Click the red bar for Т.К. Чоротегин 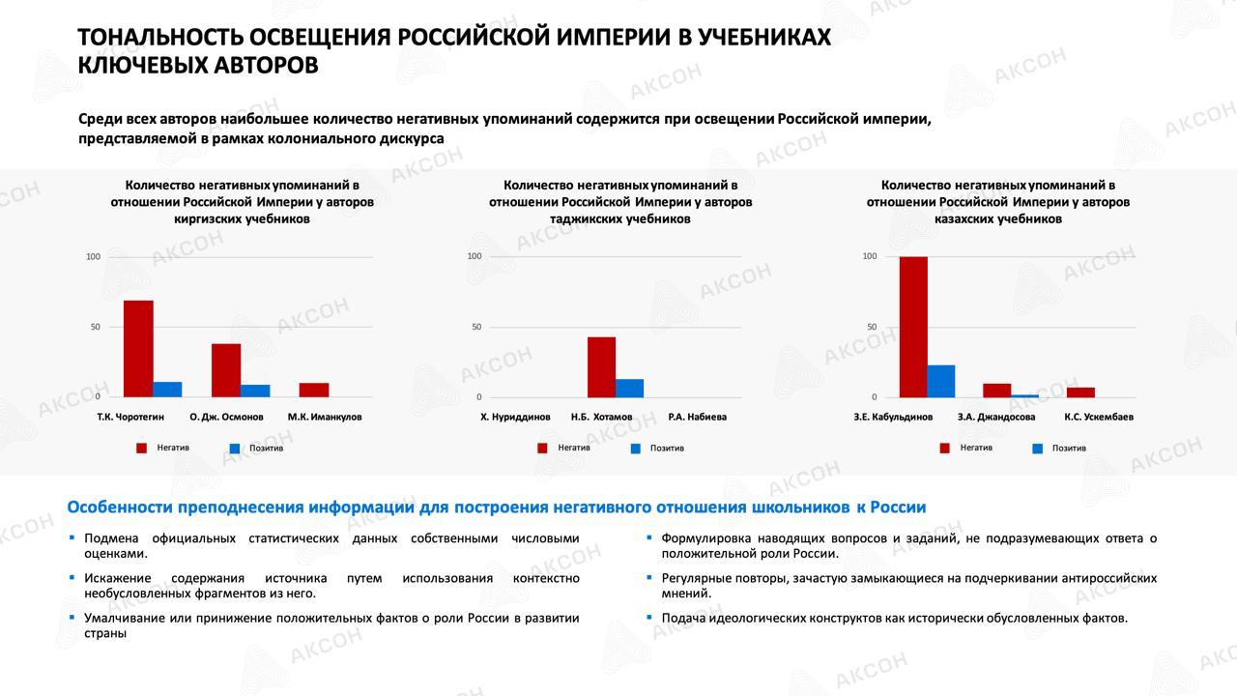(138, 348)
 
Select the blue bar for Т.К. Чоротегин (167, 390)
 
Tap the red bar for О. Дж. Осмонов (226, 370)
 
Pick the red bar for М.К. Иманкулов (314, 390)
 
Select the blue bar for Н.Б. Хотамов (629, 388)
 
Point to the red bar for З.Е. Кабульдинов (913, 327)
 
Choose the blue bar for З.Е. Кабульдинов (941, 381)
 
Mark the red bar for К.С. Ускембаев (1080, 392)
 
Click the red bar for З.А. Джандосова (996, 391)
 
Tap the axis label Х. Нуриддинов (515, 418)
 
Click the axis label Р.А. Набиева (697, 418)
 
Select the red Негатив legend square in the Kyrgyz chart (141, 448)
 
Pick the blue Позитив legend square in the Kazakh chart (1038, 449)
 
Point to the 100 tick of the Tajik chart (474, 256)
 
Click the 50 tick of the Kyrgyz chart (94, 327)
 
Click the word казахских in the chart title (961, 219)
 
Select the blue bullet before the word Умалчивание (72, 617)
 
